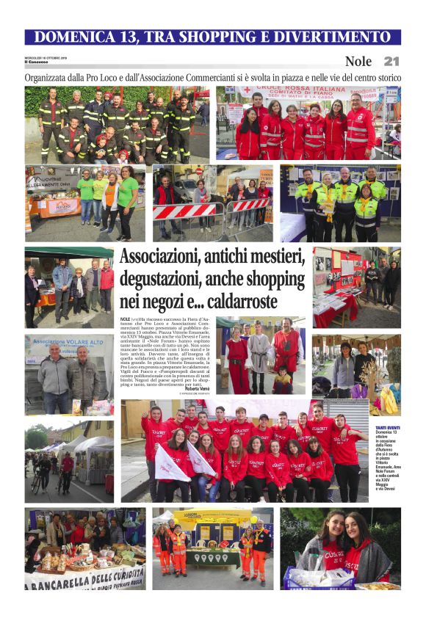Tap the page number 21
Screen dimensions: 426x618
click(391, 62)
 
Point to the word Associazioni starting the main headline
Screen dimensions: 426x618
click(164, 258)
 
